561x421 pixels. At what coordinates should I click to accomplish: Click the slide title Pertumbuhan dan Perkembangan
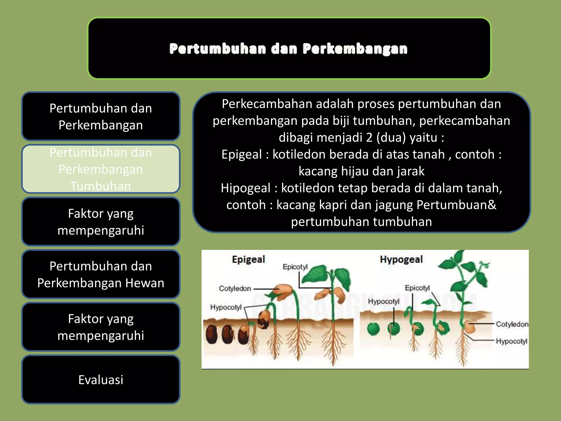(288, 49)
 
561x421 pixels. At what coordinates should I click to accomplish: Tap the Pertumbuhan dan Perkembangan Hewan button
(101, 274)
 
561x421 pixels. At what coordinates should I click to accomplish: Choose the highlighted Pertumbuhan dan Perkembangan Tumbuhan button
(101, 169)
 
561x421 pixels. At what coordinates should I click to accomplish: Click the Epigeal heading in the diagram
(248, 259)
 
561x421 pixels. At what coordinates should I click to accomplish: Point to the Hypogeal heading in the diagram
(401, 259)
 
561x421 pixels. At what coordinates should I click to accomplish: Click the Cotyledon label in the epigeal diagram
(235, 288)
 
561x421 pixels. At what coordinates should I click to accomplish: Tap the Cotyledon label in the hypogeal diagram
(512, 324)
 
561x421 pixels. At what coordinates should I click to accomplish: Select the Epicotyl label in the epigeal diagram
(295, 267)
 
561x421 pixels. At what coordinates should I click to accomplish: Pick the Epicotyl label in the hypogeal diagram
(417, 288)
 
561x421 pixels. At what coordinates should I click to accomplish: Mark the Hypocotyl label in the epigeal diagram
(226, 307)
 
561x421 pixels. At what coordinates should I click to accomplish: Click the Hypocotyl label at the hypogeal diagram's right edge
(511, 341)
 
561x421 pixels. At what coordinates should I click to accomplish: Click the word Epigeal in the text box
(242, 155)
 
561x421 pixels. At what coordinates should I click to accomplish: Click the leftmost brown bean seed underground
(211, 334)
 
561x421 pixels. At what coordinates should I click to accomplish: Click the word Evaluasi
(101, 380)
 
